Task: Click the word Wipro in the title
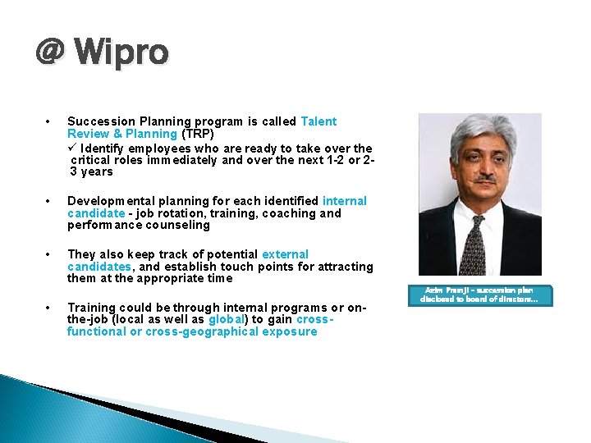tap(121, 53)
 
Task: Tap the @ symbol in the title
tap(50, 53)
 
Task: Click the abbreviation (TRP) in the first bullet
tap(198, 134)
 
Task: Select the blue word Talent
tap(318, 121)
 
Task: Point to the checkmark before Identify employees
tap(72, 148)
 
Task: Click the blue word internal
tap(344, 201)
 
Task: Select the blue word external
tap(285, 254)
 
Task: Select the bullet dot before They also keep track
tap(50, 254)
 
